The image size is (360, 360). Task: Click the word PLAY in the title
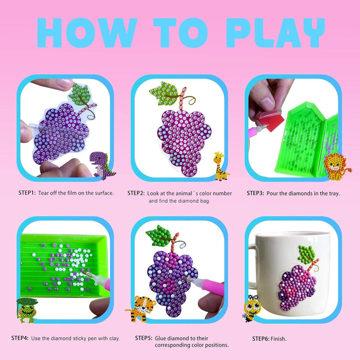click(275, 32)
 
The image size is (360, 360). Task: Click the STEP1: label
click(27, 193)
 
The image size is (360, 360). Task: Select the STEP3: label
click(255, 193)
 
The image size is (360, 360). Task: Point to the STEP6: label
click(260, 338)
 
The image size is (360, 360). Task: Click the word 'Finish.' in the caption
click(278, 338)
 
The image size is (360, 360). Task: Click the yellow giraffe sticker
click(221, 166)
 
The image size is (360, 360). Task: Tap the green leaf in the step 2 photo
click(163, 93)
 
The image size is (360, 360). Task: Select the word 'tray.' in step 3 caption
click(334, 193)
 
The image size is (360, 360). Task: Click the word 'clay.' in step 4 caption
click(114, 338)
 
